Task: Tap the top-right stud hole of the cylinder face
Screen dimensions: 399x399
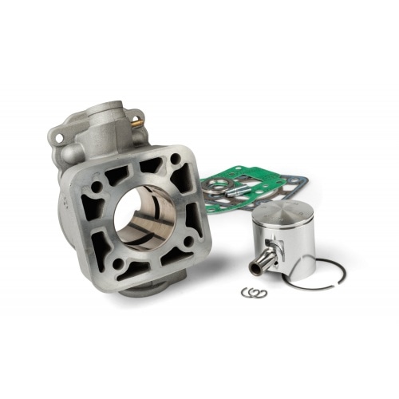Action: coord(175,159)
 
